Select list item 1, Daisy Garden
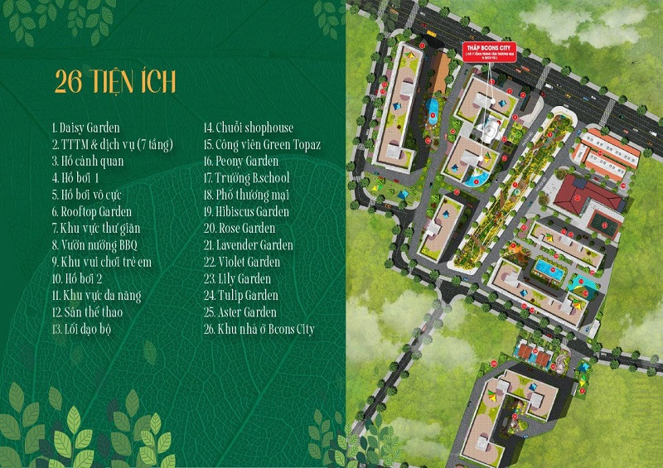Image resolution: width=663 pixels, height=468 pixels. (x=85, y=128)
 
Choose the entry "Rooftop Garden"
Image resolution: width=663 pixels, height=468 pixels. (x=91, y=212)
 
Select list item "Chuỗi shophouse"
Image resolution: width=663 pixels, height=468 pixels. (x=249, y=128)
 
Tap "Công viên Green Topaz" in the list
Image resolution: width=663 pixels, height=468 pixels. (x=262, y=145)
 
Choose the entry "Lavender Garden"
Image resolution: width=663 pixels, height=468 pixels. (x=248, y=245)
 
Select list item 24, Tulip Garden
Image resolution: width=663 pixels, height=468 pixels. (x=241, y=296)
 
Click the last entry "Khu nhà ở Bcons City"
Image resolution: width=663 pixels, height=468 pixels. (x=259, y=329)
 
